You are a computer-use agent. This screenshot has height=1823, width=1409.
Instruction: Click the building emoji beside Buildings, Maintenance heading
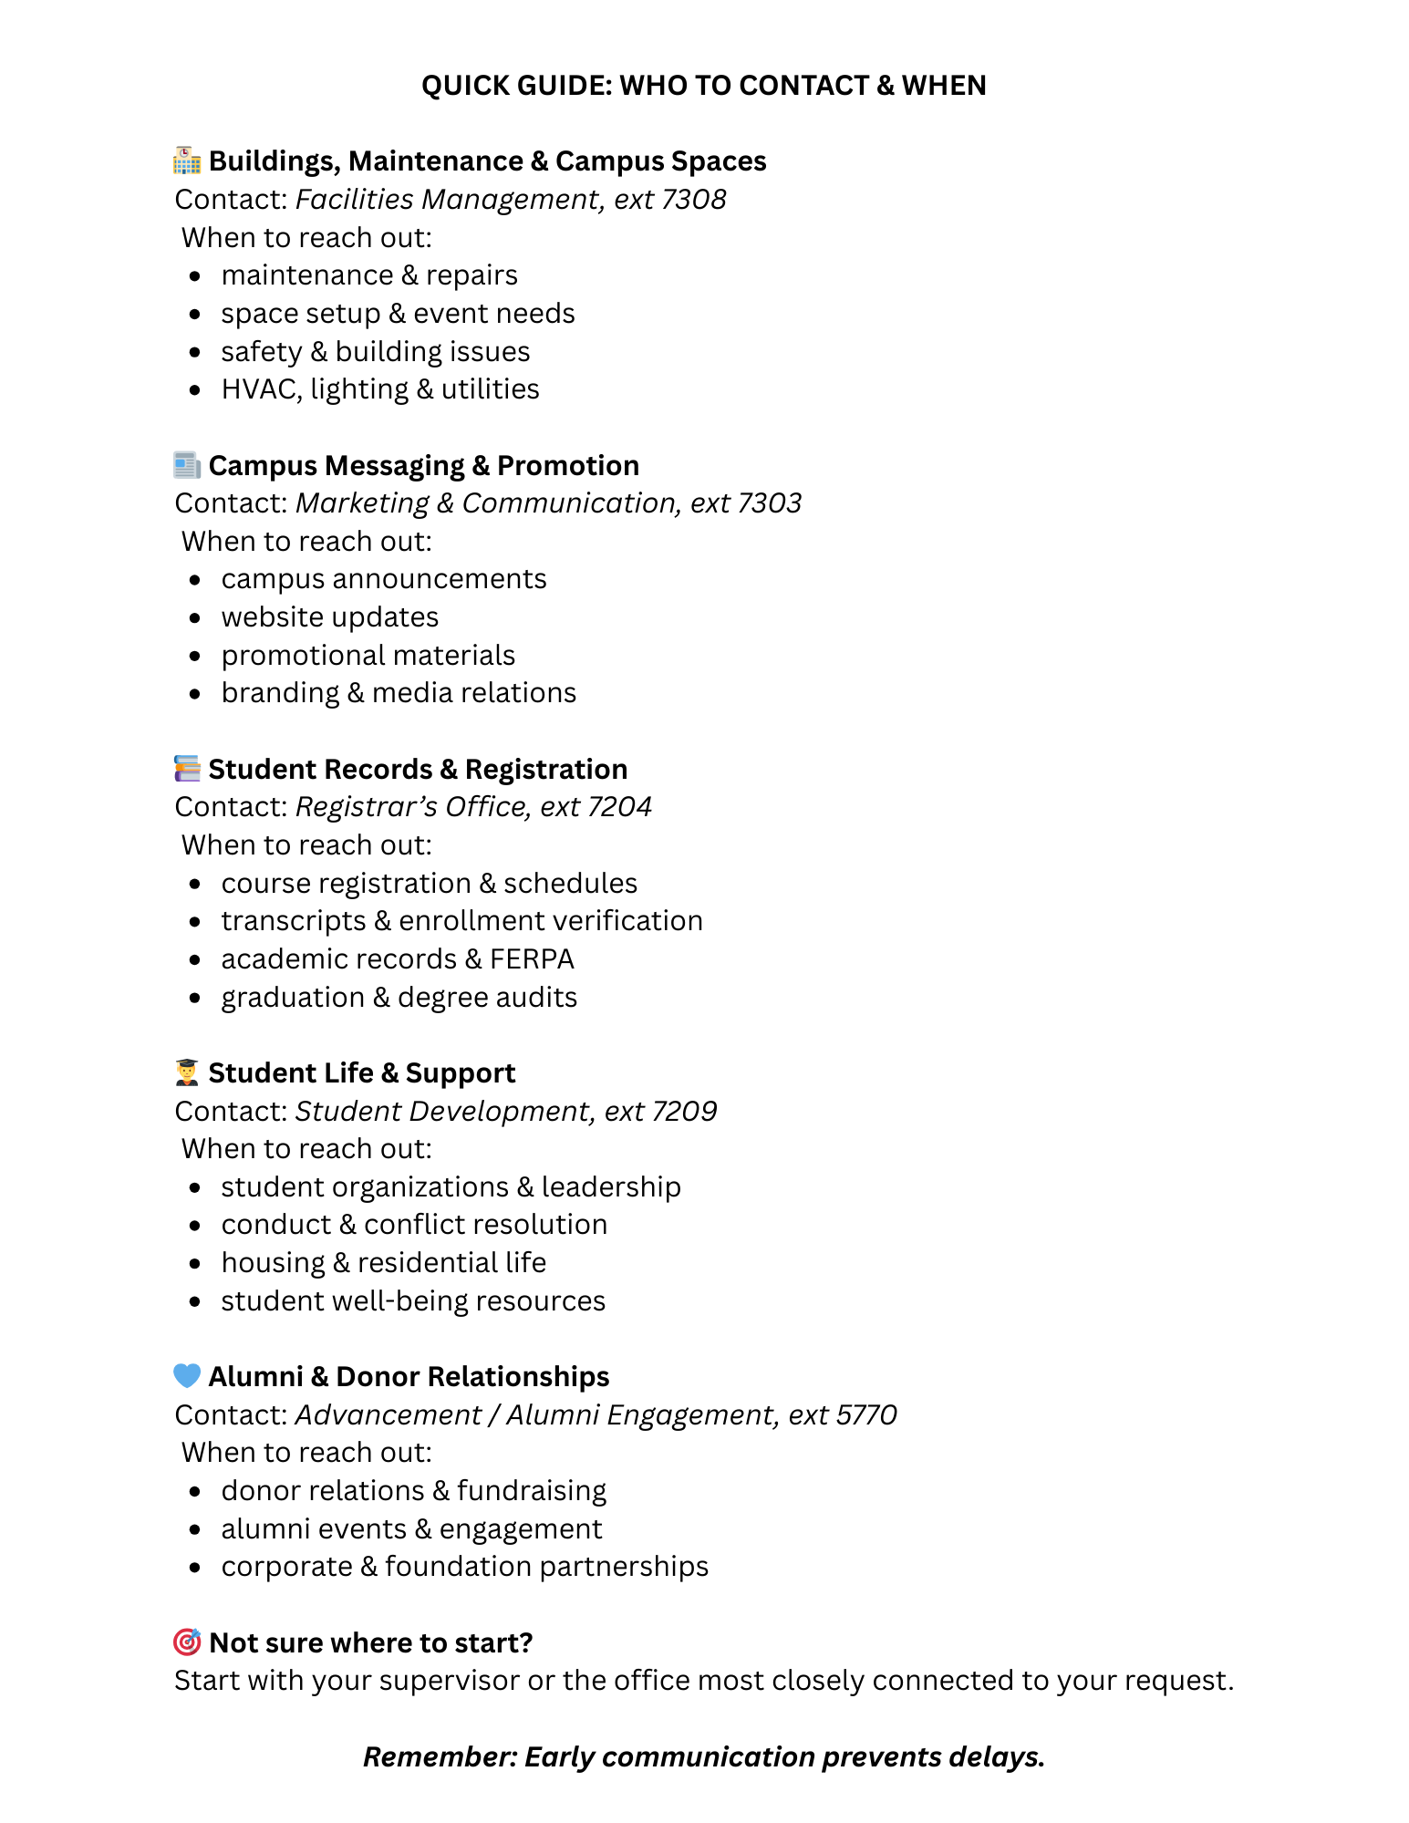click(x=187, y=161)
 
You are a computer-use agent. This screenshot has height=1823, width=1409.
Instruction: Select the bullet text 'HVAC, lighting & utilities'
click(x=379, y=389)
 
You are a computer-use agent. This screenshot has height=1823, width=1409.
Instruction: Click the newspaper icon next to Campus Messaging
click(x=187, y=465)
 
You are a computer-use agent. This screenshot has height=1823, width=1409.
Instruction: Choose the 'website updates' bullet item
click(x=329, y=617)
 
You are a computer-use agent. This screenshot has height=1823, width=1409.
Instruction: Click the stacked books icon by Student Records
click(x=187, y=769)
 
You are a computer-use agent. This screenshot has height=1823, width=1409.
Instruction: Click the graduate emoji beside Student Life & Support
click(x=187, y=1072)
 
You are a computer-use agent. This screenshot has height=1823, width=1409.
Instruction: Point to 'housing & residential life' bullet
click(x=383, y=1263)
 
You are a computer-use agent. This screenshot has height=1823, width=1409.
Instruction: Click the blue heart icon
click(x=187, y=1375)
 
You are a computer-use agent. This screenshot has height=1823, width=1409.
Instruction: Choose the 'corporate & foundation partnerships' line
click(x=464, y=1567)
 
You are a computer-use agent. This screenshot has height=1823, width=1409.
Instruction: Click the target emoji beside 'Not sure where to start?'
click(x=187, y=1642)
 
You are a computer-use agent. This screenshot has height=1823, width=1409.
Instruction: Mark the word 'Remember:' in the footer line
click(x=440, y=1757)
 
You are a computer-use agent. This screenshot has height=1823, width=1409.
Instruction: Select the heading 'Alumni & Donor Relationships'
click(x=409, y=1376)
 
